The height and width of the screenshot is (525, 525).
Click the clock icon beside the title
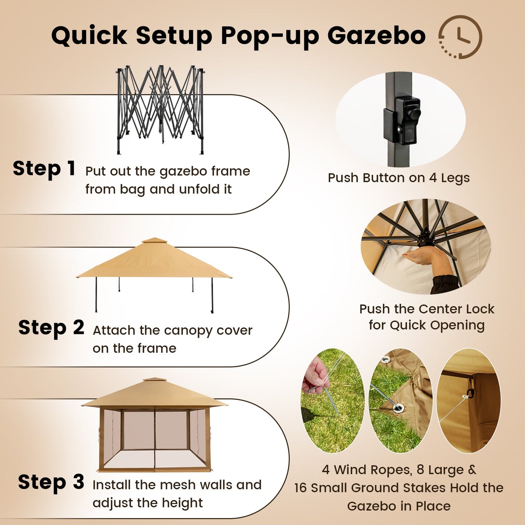[460, 37]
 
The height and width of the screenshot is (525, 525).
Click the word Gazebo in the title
[376, 36]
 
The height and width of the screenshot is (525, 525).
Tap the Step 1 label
[44, 169]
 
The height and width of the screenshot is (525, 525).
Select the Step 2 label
[51, 328]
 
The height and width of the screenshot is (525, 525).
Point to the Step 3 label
[51, 482]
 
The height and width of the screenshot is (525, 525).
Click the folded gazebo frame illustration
[160, 109]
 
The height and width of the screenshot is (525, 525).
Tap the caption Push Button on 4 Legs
[399, 178]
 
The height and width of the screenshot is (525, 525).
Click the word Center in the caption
[441, 309]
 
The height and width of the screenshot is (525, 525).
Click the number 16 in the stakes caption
[301, 488]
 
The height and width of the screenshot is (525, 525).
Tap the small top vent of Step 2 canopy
[154, 241]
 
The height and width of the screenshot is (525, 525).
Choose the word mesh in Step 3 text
[178, 485]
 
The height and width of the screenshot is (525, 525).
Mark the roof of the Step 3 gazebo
[154, 394]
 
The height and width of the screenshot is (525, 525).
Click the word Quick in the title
[89, 36]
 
